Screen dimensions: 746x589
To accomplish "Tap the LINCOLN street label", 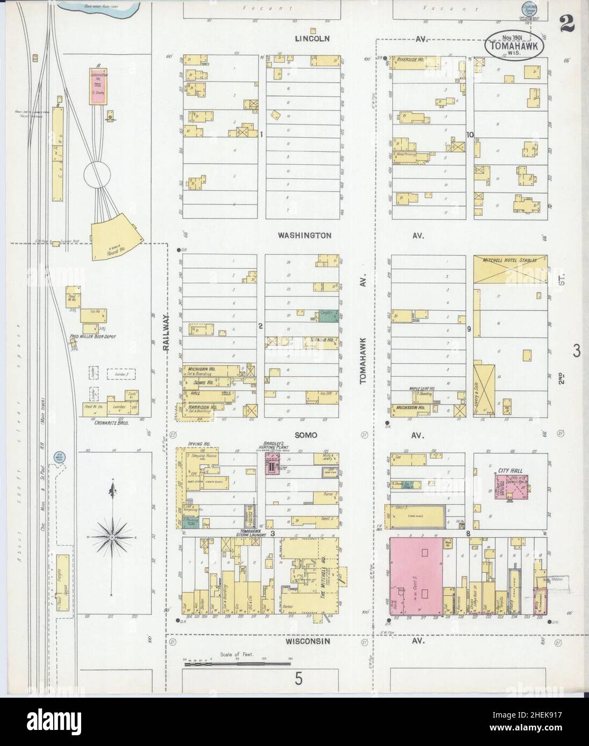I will [x=312, y=39].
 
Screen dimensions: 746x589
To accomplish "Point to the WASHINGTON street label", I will [x=304, y=235].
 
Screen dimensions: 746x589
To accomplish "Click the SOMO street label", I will [x=305, y=435].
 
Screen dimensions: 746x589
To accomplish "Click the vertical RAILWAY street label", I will [x=166, y=333].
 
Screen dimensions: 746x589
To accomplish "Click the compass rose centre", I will [x=111, y=537].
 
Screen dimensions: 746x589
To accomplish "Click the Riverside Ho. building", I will [x=413, y=59].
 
